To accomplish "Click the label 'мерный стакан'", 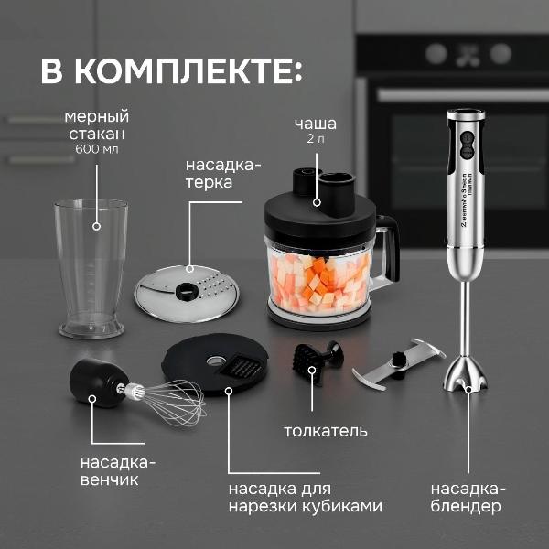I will click(x=96, y=124).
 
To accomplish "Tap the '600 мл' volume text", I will click(x=97, y=148).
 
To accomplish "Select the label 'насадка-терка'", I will click(x=222, y=174).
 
